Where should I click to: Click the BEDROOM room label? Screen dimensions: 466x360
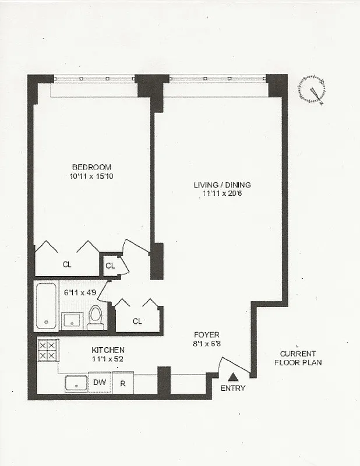[91, 167]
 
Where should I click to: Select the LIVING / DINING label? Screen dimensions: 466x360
[222, 185]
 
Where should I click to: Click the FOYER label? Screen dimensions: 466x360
[206, 334]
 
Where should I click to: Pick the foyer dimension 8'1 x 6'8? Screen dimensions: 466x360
[206, 344]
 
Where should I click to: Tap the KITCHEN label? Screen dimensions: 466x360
[108, 350]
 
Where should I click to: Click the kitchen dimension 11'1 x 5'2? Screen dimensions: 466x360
[108, 359]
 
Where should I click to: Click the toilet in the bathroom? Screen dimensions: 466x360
[96, 317]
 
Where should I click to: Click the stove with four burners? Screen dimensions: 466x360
[47, 349]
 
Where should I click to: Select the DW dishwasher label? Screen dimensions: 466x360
[100, 383]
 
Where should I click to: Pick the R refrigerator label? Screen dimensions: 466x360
[122, 384]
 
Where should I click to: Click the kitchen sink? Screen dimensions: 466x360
[76, 384]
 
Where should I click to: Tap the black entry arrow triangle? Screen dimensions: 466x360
[233, 377]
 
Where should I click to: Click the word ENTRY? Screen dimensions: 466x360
[233, 389]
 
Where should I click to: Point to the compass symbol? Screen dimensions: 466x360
[312, 90]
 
